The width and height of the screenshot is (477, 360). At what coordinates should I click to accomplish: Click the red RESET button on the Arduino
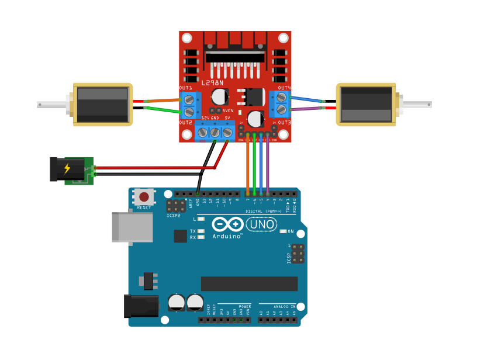pos(144,198)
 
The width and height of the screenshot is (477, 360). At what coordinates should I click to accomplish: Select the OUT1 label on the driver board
pos(185,88)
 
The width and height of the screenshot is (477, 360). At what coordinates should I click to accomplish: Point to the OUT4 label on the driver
pos(285,88)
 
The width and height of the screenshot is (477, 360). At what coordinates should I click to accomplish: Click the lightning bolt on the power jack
pos(67,169)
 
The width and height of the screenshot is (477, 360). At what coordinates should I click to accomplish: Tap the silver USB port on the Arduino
pos(132,227)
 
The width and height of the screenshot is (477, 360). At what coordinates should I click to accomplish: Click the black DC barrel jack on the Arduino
pos(141,306)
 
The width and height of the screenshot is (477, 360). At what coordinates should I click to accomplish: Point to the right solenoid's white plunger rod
pos(416,105)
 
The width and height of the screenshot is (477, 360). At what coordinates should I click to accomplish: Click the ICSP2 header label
pos(174,215)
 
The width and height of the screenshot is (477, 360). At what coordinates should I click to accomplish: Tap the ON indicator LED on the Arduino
pos(284,231)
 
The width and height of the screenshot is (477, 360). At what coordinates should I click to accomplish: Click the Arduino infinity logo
pos(227,224)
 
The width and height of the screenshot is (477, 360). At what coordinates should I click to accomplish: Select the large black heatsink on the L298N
pos(234,56)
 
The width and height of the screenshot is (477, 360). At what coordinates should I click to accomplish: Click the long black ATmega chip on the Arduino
pos(249,283)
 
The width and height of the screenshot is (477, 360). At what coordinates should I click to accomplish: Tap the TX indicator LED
pos(201,231)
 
